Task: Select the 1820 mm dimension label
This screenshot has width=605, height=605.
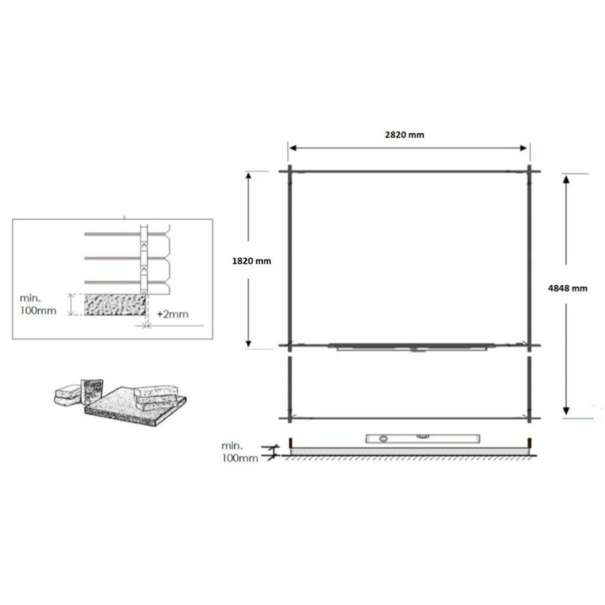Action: click(251, 261)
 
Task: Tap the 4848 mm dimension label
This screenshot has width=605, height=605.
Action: click(568, 289)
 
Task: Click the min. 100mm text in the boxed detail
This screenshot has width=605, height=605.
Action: click(42, 305)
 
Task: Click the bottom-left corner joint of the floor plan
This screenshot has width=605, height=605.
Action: click(290, 418)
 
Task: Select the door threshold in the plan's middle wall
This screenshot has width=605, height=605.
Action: click(411, 347)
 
